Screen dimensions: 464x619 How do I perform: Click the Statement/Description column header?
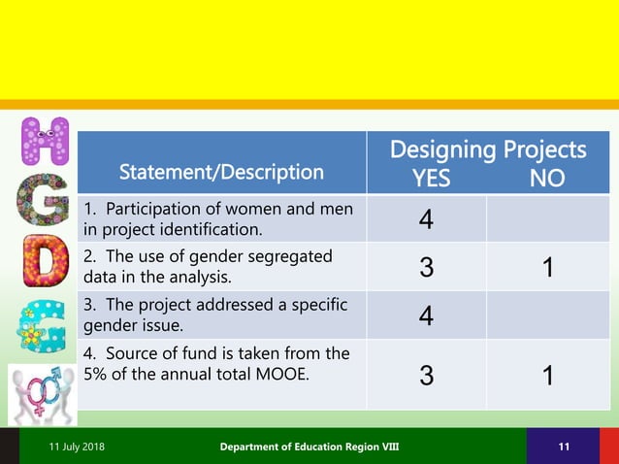221,173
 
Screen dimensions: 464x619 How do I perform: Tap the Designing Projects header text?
487,149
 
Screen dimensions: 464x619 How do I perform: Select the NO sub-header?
546,179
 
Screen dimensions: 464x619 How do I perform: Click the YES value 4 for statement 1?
426,220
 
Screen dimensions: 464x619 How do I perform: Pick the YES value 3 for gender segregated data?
426,267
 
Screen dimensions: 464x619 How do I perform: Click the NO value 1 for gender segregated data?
548,267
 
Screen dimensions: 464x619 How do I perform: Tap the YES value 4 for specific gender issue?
426,315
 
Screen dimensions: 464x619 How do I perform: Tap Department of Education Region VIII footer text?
309,446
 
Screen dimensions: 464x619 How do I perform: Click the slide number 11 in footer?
563,446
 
